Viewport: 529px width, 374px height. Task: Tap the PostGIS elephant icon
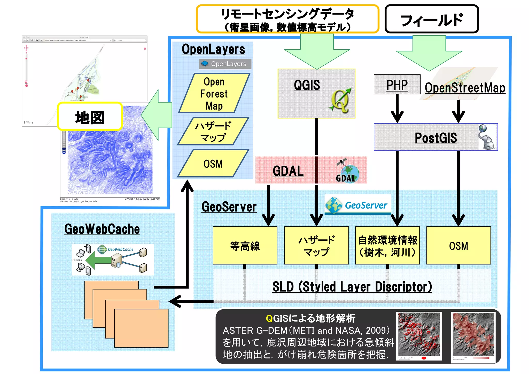coord(487,137)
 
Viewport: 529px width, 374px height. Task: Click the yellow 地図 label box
coord(90,117)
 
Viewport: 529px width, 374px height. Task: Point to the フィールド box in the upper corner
coord(431,19)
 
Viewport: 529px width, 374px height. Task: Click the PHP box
coord(397,85)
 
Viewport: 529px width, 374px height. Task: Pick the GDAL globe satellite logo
coord(348,171)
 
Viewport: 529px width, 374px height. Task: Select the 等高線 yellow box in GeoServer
coord(245,246)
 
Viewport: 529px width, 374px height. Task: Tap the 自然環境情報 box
coord(387,246)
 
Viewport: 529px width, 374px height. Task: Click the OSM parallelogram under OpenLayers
coord(213,164)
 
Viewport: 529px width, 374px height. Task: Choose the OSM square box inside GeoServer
coord(458,246)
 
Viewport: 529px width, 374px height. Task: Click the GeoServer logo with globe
coord(357,205)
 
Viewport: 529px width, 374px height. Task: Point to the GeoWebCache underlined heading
coord(102,229)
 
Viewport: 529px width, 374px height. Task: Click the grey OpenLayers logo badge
coord(225,64)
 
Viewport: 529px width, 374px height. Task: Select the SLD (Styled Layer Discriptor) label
coord(352,287)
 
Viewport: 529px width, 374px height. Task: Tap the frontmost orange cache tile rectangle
coord(141,328)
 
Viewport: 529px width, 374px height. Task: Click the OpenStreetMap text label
coord(465,88)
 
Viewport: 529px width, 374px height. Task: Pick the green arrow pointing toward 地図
coord(156,116)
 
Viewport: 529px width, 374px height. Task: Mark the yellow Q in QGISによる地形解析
coord(269,319)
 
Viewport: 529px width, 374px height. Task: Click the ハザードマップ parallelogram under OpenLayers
coord(213,131)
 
